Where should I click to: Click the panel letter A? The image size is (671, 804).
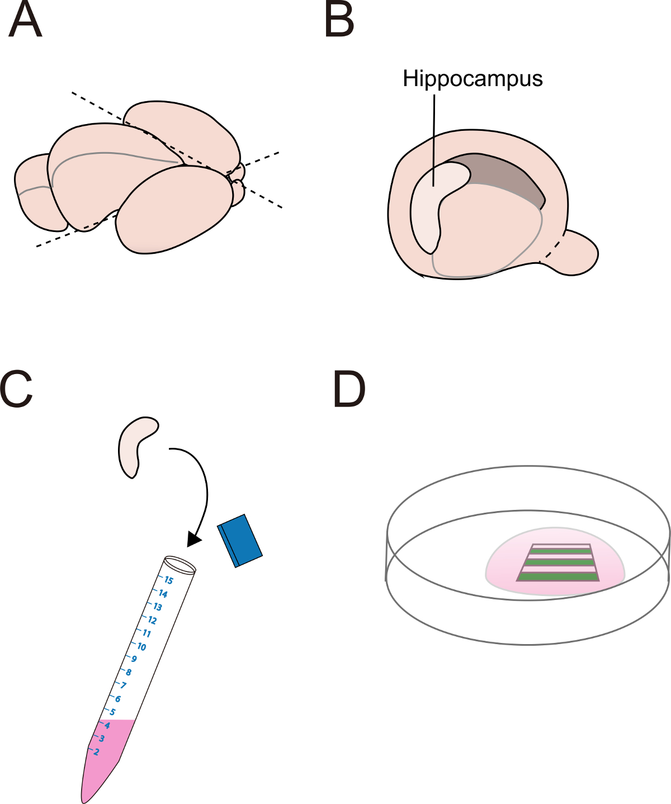pyautogui.click(x=25, y=21)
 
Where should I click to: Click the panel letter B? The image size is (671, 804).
pyautogui.click(x=339, y=21)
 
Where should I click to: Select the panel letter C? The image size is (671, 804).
pyautogui.click(x=17, y=389)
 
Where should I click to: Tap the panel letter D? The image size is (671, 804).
pyautogui.click(x=349, y=389)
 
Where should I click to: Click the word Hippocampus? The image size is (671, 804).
pyautogui.click(x=472, y=79)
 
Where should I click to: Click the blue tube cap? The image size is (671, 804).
pyautogui.click(x=240, y=540)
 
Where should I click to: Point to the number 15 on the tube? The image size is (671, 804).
pyautogui.click(x=168, y=580)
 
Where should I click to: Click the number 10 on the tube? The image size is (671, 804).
pyautogui.click(x=141, y=647)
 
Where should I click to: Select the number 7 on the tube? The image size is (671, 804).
pyautogui.click(x=124, y=685)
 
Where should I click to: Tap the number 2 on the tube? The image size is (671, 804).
pyautogui.click(x=96, y=752)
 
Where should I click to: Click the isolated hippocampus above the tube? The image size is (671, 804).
pyautogui.click(x=135, y=444)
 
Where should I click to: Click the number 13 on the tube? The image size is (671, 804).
pyautogui.click(x=157, y=607)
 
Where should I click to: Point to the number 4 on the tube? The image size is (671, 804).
pyautogui.click(x=107, y=725)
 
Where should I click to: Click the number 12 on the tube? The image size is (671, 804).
pyautogui.click(x=152, y=620)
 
